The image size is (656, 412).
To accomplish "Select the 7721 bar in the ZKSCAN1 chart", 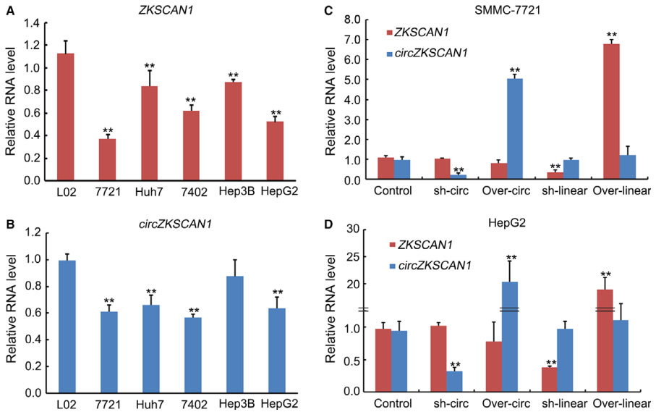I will [x=107, y=159].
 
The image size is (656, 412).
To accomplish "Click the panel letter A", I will [x=10, y=8].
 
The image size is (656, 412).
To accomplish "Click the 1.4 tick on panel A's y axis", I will [x=30, y=24].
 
